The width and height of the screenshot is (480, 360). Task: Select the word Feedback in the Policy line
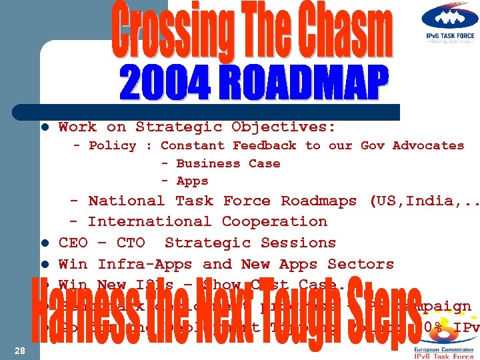click(x=264, y=145)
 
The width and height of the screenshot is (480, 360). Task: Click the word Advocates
click(x=428, y=145)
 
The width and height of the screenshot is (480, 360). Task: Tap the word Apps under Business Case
click(x=192, y=181)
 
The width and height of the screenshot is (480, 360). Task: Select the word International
click(x=149, y=221)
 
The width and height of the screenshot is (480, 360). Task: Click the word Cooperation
click(x=274, y=221)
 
